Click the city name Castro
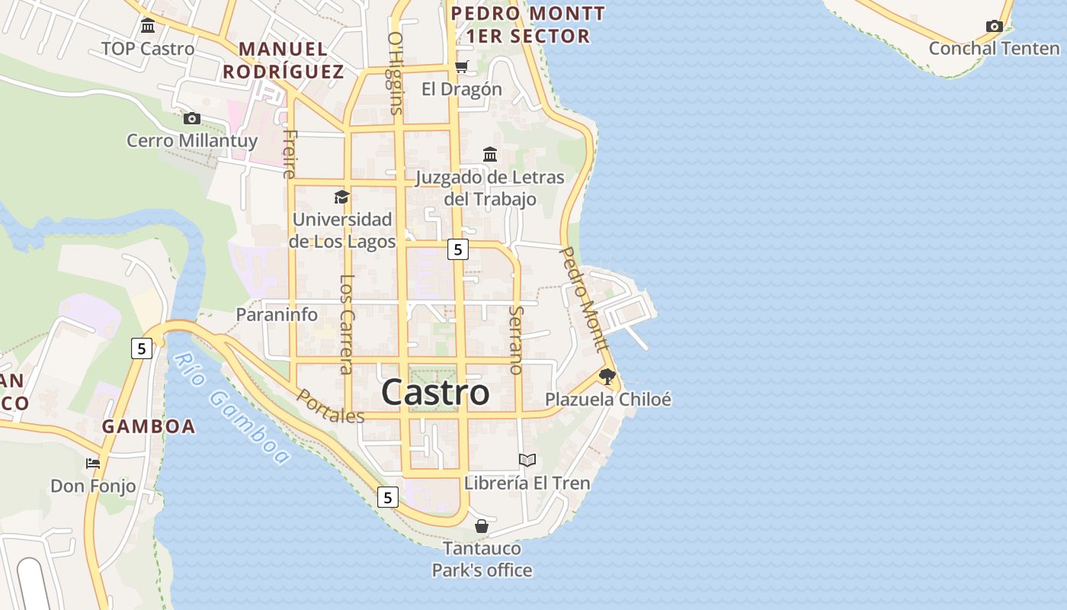point(435,393)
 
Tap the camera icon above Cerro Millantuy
point(192,118)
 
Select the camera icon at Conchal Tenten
point(994,27)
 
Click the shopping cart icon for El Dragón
point(461,67)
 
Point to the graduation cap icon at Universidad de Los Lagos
point(341,197)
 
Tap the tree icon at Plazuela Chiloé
point(607,376)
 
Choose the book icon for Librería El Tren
point(527,460)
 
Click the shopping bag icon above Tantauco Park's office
point(482,526)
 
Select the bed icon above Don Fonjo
point(93,463)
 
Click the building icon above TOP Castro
point(148,27)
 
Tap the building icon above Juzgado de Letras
point(490,155)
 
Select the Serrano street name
point(517,340)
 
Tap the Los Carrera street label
point(347,324)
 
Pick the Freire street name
point(289,154)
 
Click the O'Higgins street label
point(395,73)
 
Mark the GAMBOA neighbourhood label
point(149,426)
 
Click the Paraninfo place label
point(277,314)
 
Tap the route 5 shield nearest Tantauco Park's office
point(388,498)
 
